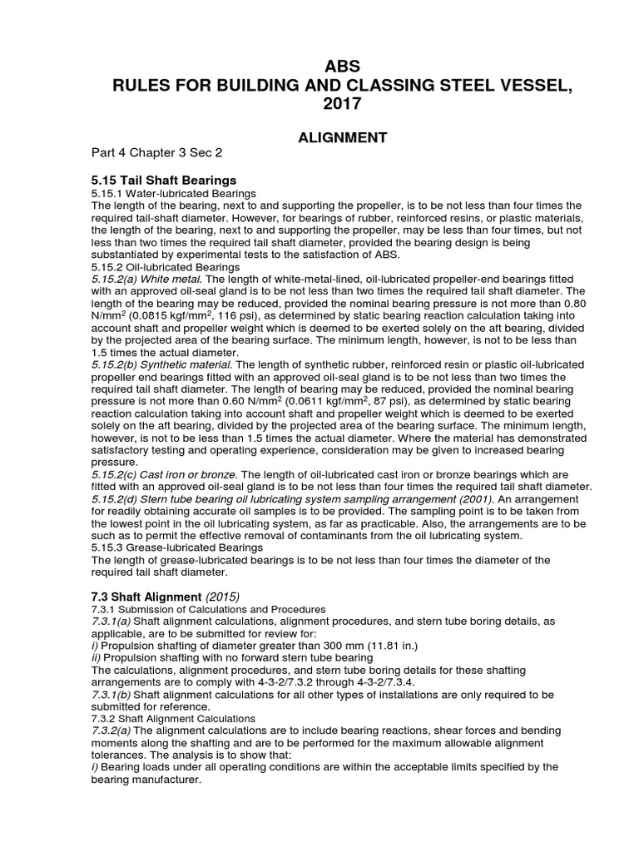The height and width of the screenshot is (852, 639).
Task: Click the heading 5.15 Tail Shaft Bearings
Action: [x=164, y=180]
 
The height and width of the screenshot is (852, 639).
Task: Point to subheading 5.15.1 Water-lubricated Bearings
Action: [x=166, y=193]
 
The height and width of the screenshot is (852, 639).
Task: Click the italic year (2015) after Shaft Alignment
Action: [x=223, y=597]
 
